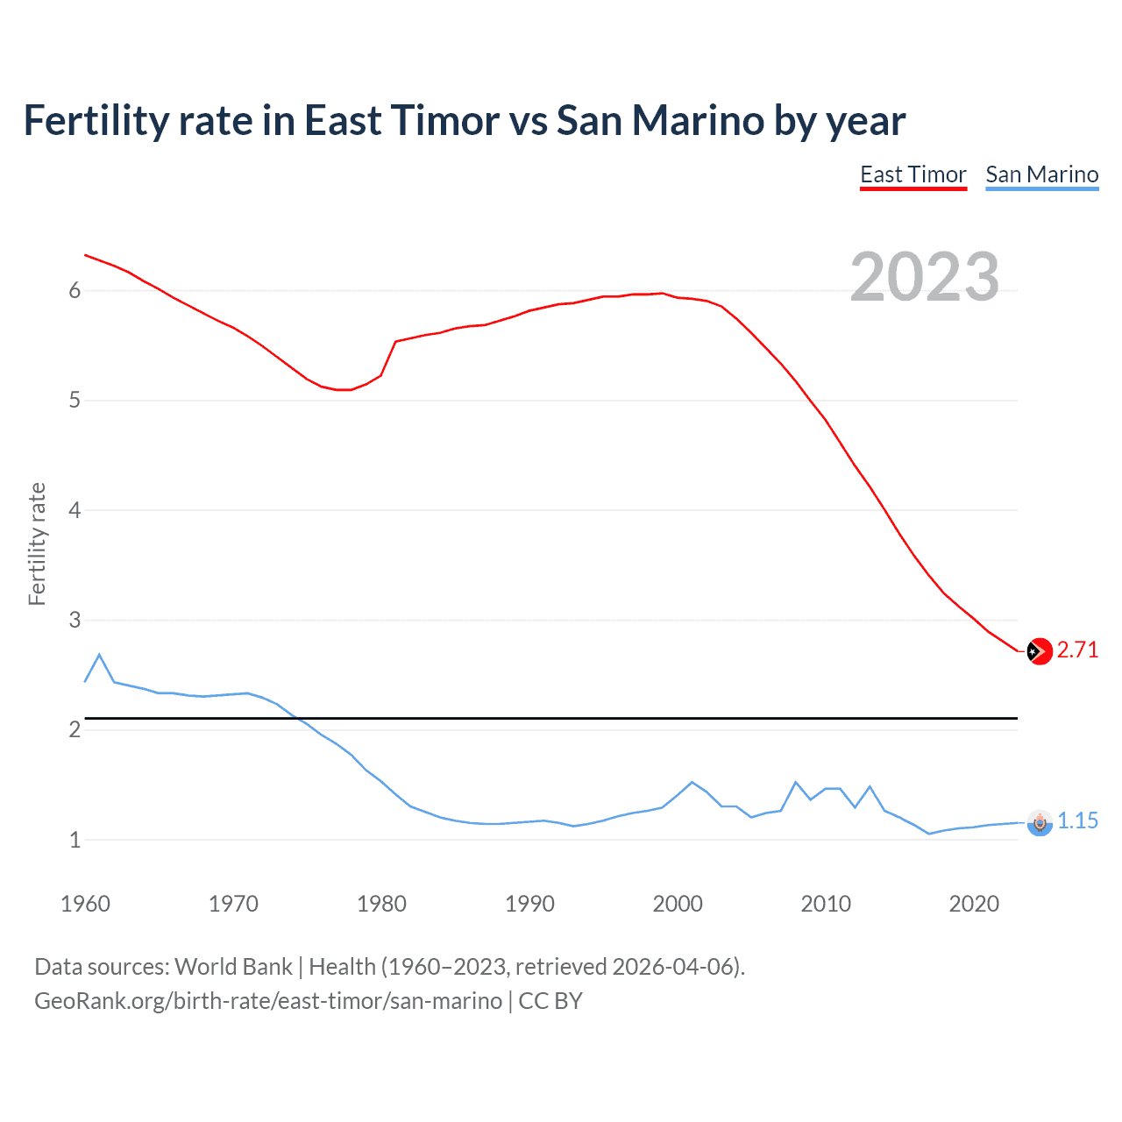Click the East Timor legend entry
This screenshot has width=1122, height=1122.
click(913, 174)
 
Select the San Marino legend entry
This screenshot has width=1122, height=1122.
click(1041, 174)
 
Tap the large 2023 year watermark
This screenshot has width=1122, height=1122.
click(924, 277)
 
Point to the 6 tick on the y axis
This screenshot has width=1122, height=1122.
click(75, 291)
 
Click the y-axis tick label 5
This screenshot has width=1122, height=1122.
click(75, 401)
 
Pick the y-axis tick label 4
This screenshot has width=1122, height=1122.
click(75, 510)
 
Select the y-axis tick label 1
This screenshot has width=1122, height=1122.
click(75, 840)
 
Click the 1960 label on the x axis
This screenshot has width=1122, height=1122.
click(85, 904)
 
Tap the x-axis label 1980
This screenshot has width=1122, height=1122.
click(381, 904)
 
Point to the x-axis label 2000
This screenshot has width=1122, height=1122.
click(678, 904)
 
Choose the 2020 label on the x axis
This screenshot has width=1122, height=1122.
click(974, 904)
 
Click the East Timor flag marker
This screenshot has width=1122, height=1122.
click(1039, 651)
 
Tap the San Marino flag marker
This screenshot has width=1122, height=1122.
click(1039, 822)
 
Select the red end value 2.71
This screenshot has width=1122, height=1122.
click(1077, 650)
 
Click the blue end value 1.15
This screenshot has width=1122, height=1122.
click(1077, 821)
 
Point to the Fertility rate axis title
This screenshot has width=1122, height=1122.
click(37, 543)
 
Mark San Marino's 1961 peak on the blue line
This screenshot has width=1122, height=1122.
click(99, 654)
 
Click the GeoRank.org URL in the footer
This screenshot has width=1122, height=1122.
click(268, 1001)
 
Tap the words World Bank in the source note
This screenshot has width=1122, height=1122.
click(233, 967)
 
